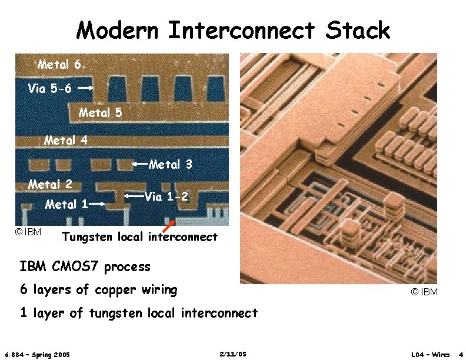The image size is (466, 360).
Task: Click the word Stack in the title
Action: click(x=360, y=30)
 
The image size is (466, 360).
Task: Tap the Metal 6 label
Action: click(x=59, y=64)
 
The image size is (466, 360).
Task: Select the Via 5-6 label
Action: click(x=50, y=89)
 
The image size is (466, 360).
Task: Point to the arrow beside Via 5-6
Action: click(x=86, y=89)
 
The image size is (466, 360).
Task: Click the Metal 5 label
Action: click(x=100, y=112)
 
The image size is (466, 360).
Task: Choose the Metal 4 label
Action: click(x=65, y=140)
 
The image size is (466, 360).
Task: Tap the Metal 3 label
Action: click(x=171, y=165)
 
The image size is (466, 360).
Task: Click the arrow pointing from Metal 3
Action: click(x=140, y=164)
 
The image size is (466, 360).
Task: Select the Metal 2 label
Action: click(x=50, y=184)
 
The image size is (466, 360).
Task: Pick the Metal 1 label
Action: click(x=66, y=205)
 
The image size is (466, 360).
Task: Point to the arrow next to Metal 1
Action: click(x=98, y=205)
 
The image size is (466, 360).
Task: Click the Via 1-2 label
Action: click(x=167, y=196)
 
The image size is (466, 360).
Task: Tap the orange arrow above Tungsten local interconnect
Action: click(x=169, y=225)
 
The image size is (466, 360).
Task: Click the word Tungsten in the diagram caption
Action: click(x=88, y=238)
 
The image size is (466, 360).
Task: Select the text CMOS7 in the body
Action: click(x=76, y=266)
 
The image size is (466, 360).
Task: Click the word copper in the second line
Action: click(x=112, y=289)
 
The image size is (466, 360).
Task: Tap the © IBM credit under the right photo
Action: click(x=424, y=292)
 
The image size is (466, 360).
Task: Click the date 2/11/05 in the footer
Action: click(x=232, y=354)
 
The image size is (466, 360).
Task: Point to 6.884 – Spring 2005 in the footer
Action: click(x=37, y=355)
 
